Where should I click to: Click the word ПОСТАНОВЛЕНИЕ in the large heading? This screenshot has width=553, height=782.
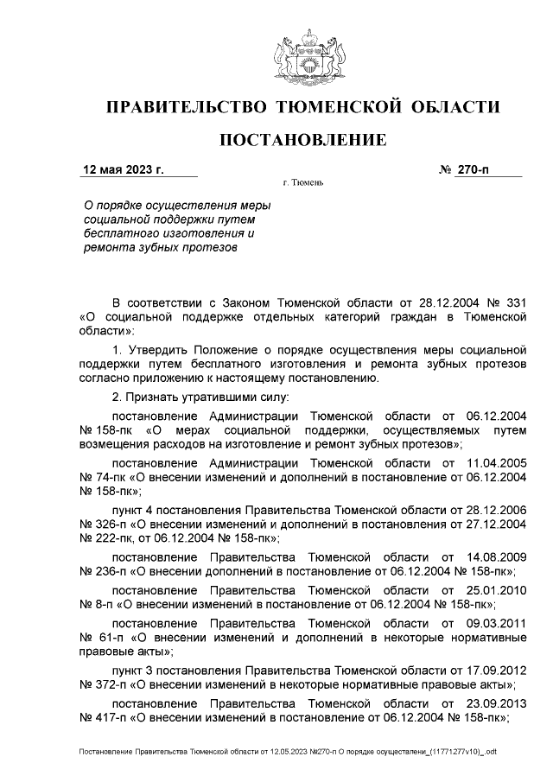point(302,140)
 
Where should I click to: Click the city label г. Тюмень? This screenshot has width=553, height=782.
point(302,184)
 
